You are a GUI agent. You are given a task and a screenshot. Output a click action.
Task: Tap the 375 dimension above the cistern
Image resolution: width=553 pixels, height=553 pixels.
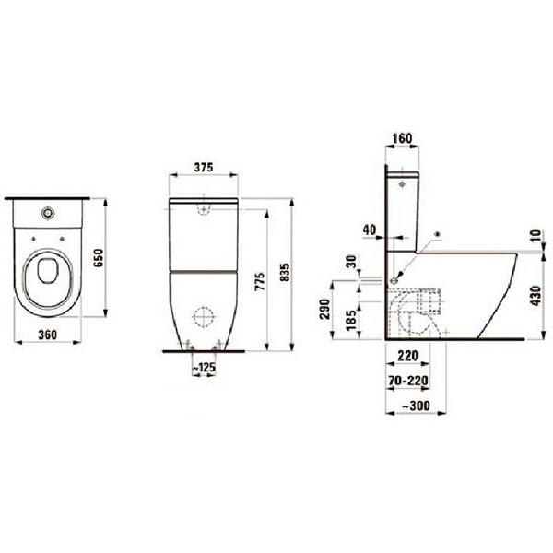coord(206,168)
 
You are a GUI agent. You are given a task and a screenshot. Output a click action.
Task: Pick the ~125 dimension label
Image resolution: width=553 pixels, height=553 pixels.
coord(205,368)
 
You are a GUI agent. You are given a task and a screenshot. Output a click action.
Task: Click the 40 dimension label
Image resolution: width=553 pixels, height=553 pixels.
coord(370,229)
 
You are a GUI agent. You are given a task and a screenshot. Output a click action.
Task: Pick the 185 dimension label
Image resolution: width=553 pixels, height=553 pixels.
coord(348,322)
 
